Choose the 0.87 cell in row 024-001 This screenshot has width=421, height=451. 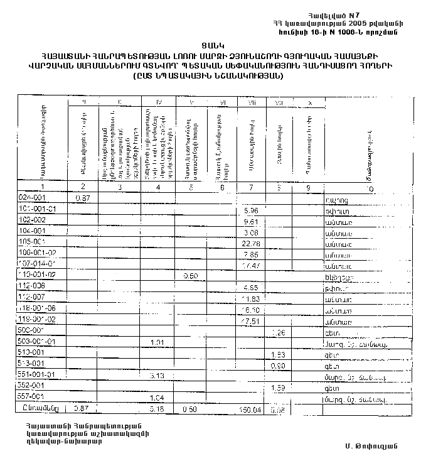tap(83, 197)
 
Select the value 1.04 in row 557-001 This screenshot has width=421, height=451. tap(157, 398)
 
